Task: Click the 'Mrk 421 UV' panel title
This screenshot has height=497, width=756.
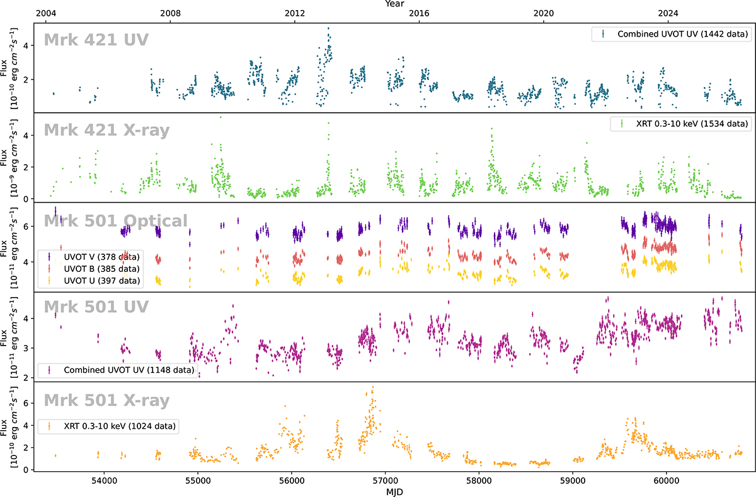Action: pos(96,40)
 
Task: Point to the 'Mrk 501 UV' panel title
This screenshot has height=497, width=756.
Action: pos(96,307)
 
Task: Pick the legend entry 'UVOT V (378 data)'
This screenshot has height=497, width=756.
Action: pos(101,257)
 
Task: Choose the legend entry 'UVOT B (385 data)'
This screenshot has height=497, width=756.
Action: pos(101,269)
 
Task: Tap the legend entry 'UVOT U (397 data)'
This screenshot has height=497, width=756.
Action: pos(101,280)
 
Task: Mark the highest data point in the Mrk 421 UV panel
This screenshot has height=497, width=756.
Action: pos(328,28)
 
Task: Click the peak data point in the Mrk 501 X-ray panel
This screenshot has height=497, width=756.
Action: pos(373,387)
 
